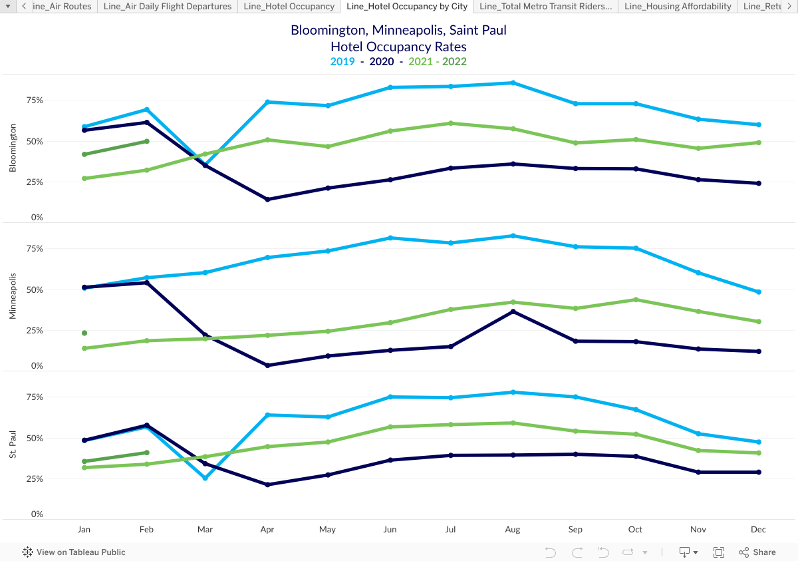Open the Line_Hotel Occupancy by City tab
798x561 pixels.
tap(406, 7)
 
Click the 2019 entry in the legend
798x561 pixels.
tap(342, 62)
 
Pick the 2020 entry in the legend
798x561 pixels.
tap(381, 62)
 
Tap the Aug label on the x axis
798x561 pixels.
tap(513, 530)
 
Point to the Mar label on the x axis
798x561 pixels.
tap(205, 530)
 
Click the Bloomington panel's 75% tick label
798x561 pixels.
tap(35, 100)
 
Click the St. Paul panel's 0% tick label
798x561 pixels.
tap(37, 514)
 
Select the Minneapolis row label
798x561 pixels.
tap(13, 295)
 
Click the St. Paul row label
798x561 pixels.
tap(13, 443)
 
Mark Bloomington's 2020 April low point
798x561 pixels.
tap(267, 199)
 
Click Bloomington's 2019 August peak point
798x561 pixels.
tap(513, 83)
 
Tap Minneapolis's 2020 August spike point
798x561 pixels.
tap(513, 311)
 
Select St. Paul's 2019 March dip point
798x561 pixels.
tap(205, 478)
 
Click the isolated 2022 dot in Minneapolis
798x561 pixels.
tap(84, 333)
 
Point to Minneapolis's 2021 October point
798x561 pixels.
tap(636, 299)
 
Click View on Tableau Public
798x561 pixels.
tap(74, 552)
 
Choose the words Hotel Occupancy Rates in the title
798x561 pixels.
tap(398, 47)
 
